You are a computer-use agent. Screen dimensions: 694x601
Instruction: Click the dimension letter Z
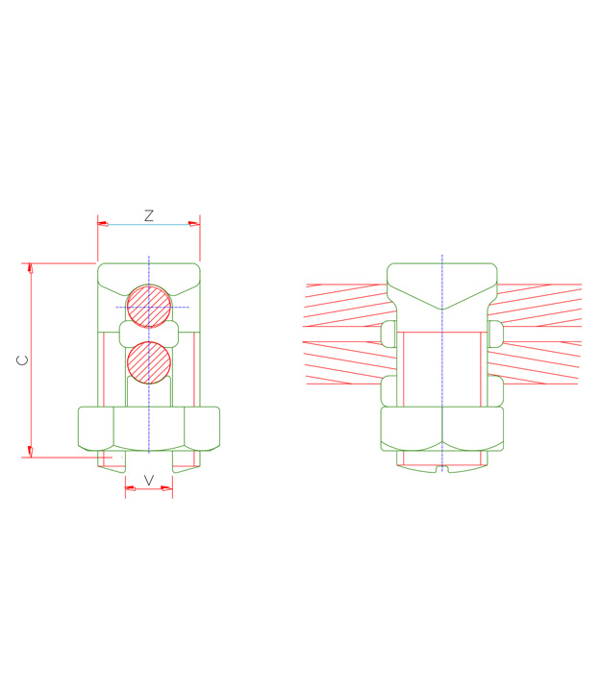149,216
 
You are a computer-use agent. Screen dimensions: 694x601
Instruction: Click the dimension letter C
22,360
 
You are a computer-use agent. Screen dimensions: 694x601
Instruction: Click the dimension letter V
149,479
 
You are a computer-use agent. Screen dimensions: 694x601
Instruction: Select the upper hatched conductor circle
149,307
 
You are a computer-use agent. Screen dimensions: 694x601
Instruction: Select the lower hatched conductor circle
149,362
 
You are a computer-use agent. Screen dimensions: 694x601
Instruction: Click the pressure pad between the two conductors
149,334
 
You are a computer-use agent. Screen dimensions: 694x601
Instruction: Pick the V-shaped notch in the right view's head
442,306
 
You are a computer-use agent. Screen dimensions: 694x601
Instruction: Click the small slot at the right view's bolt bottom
442,469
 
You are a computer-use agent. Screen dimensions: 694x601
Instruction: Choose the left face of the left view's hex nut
95,429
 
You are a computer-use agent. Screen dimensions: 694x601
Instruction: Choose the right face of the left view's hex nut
202,429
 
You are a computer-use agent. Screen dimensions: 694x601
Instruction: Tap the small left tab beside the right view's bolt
388,334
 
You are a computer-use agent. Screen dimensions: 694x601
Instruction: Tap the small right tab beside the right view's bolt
495,334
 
